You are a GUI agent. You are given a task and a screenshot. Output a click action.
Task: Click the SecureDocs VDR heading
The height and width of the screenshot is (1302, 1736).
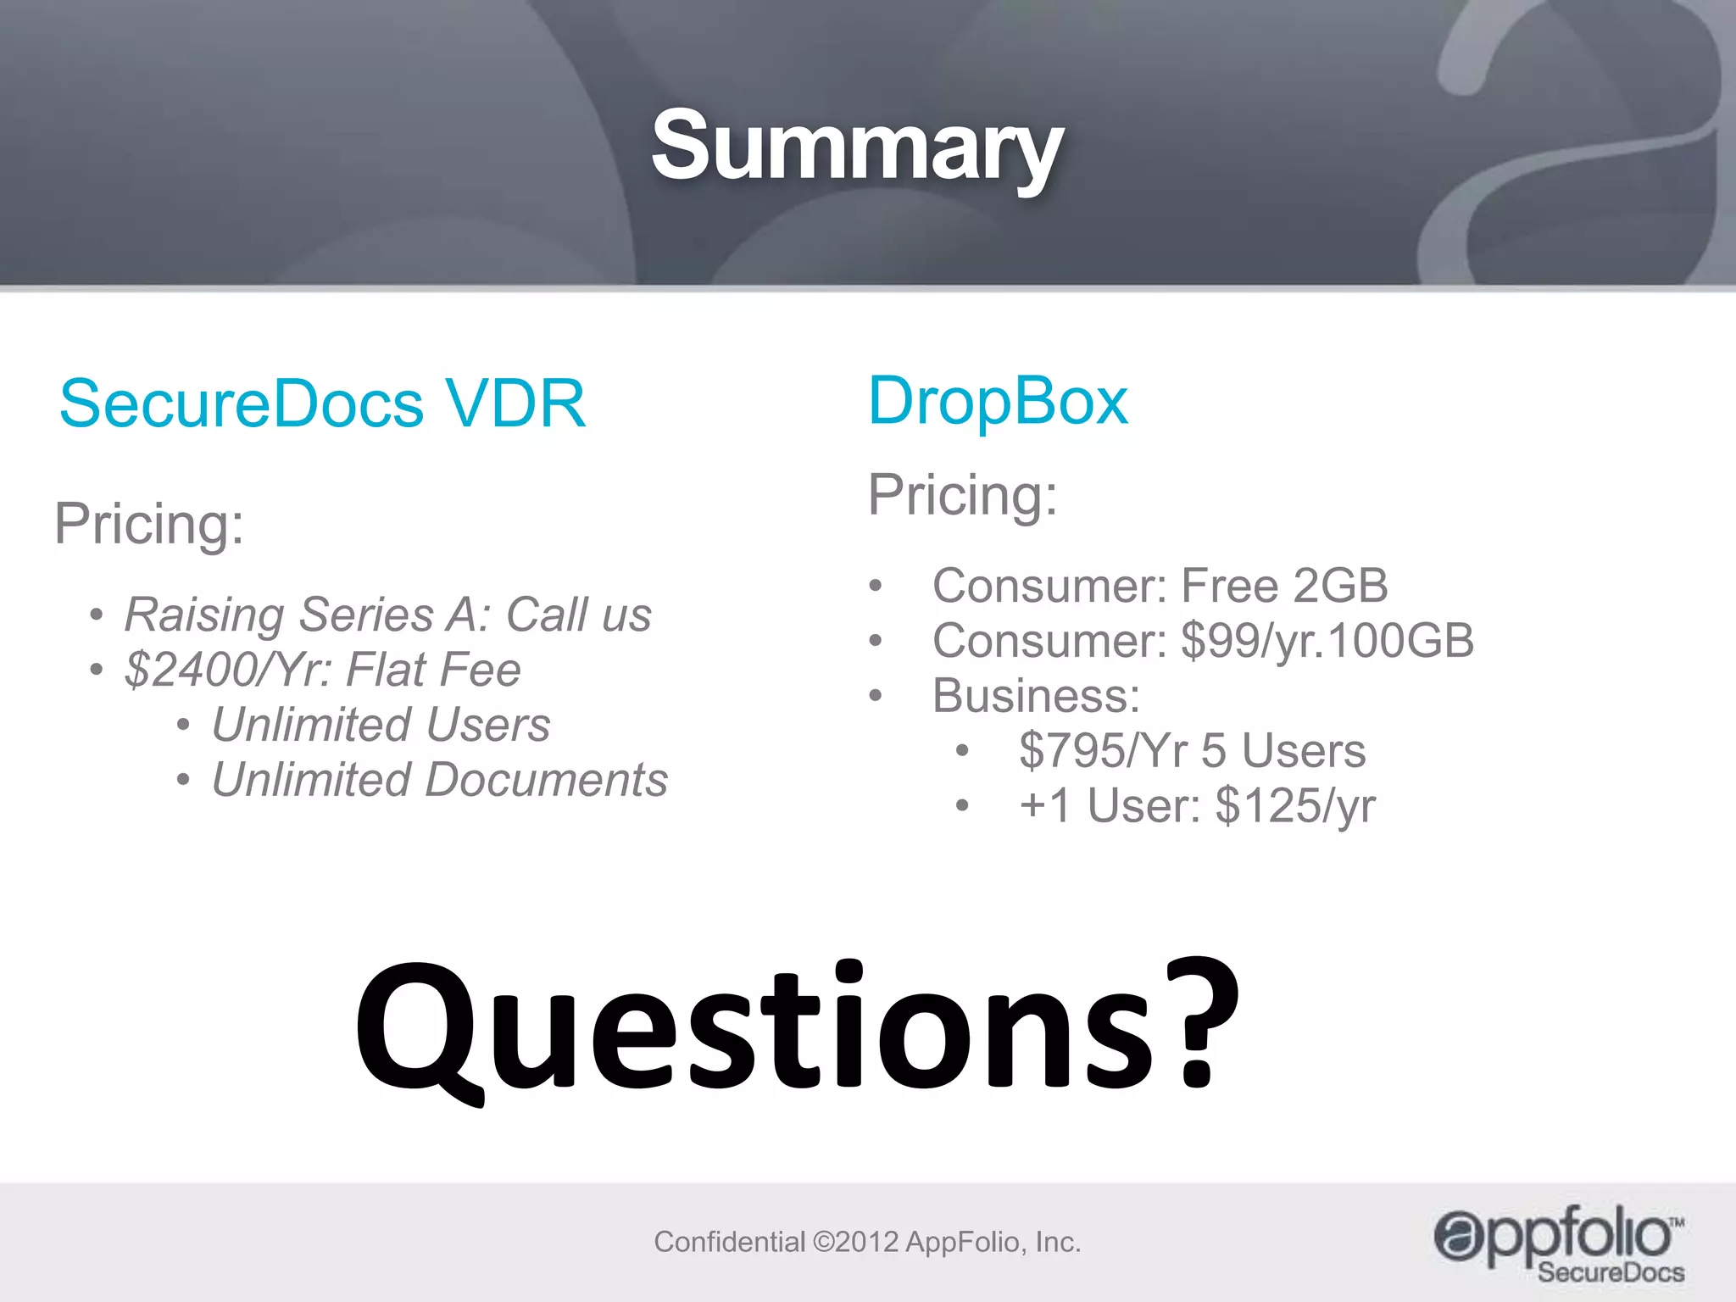pyautogui.click(x=322, y=404)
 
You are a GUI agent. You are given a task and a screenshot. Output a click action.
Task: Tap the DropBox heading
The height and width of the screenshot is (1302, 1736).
pyautogui.click(x=998, y=401)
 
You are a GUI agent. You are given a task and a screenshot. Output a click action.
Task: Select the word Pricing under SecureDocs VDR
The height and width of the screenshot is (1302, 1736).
pyautogui.click(x=148, y=524)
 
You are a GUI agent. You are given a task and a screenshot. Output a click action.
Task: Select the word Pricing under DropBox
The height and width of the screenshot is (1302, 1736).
pyautogui.click(x=963, y=495)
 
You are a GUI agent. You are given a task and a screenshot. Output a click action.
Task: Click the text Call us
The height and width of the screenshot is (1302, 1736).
pyautogui.click(x=579, y=615)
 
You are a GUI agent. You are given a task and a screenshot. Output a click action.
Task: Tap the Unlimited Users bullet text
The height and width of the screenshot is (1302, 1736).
pyautogui.click(x=381, y=725)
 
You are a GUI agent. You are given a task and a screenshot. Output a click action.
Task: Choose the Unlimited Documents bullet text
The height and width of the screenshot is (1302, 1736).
pyautogui.click(x=439, y=780)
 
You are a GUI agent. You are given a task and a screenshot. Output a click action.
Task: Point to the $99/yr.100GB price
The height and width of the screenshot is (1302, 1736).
pyautogui.click(x=1327, y=641)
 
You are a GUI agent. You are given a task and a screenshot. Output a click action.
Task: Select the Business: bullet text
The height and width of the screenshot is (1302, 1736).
pyautogui.click(x=1036, y=696)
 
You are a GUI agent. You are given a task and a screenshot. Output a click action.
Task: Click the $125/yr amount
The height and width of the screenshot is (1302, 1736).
pyautogui.click(x=1295, y=806)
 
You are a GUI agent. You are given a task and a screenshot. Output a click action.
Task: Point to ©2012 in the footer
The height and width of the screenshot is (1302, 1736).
pyautogui.click(x=855, y=1242)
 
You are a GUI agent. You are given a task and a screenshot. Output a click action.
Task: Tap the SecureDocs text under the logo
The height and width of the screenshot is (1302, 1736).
pyautogui.click(x=1611, y=1272)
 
